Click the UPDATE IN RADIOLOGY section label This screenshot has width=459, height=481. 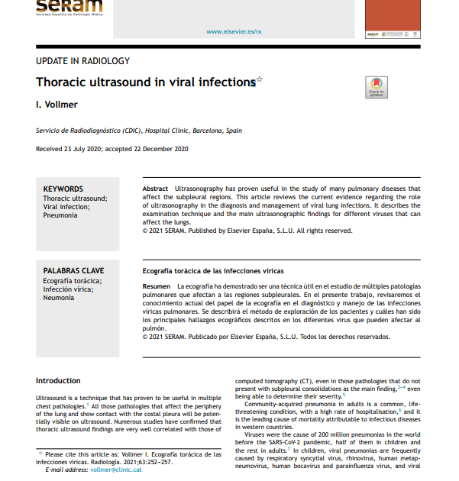(x=83, y=61)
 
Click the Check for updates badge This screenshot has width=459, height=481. (x=376, y=87)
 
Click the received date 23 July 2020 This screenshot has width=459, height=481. (x=92, y=149)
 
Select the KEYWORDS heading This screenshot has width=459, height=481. (x=63, y=189)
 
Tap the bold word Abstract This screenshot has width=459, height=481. (x=156, y=188)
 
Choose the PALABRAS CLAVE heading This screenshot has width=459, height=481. (x=73, y=271)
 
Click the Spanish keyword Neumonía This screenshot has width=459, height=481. (x=59, y=298)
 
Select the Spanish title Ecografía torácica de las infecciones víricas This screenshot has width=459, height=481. (x=213, y=271)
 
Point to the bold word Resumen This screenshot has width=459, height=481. (x=157, y=286)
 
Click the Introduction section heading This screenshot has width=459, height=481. (x=58, y=380)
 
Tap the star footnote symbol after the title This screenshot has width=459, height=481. (x=260, y=79)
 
